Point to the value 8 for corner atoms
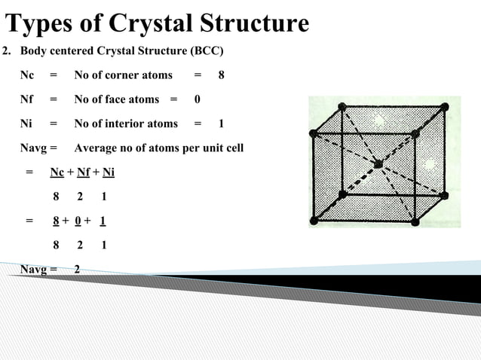click(x=221, y=75)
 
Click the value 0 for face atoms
click(x=198, y=99)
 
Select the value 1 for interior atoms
click(x=221, y=124)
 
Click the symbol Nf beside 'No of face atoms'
click(x=27, y=99)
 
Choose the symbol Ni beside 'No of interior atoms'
click(x=26, y=124)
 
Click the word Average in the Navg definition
click(x=97, y=148)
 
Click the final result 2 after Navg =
click(x=77, y=269)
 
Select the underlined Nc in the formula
click(x=57, y=172)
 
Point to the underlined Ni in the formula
click(x=108, y=172)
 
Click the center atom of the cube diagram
click(x=378, y=163)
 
